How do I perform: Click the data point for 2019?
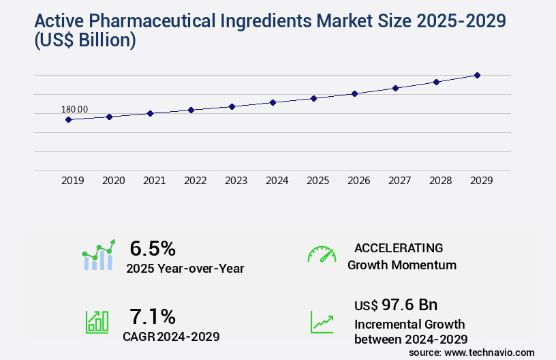pyautogui.click(x=68, y=119)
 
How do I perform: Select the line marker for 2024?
pyautogui.click(x=273, y=102)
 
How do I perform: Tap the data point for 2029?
pyautogui.click(x=477, y=75)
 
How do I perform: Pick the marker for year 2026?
pyautogui.click(x=354, y=93)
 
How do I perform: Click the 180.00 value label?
pyautogui.click(x=74, y=109)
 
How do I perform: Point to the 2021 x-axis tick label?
pyautogui.click(x=155, y=181)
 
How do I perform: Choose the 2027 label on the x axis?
pyautogui.click(x=400, y=181)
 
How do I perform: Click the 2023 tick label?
pyautogui.click(x=236, y=181)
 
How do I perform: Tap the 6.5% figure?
pyautogui.click(x=153, y=247)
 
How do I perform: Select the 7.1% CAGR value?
pyautogui.click(x=153, y=316)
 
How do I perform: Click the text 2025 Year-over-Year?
pyautogui.click(x=185, y=269)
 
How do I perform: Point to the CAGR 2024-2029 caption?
pyautogui.click(x=171, y=336)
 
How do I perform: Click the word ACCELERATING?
pyautogui.click(x=399, y=247)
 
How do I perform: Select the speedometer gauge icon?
pyautogui.click(x=322, y=254)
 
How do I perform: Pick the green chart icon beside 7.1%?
pyautogui.click(x=96, y=322)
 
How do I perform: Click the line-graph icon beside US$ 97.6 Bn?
pyautogui.click(x=322, y=322)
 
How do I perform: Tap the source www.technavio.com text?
pyautogui.click(x=472, y=352)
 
